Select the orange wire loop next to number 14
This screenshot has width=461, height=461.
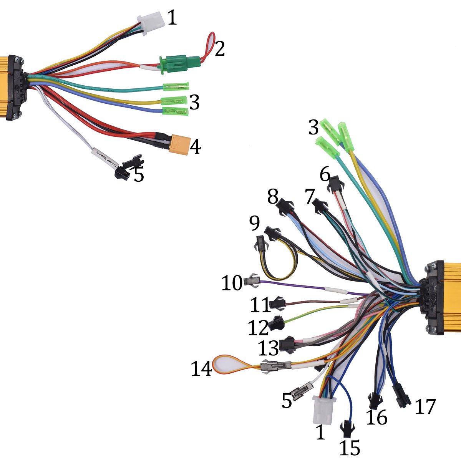[226, 364]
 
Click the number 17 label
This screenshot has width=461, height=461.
[425, 406]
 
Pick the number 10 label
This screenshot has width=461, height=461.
[232, 283]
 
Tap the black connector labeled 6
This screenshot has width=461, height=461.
[335, 184]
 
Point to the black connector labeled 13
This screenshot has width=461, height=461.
[287, 344]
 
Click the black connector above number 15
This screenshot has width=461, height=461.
[347, 428]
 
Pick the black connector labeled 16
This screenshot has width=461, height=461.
[374, 401]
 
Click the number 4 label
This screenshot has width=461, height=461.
[196, 146]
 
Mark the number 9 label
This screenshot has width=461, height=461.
[254, 224]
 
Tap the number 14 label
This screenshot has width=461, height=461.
[201, 369]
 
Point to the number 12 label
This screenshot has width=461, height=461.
[258, 328]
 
